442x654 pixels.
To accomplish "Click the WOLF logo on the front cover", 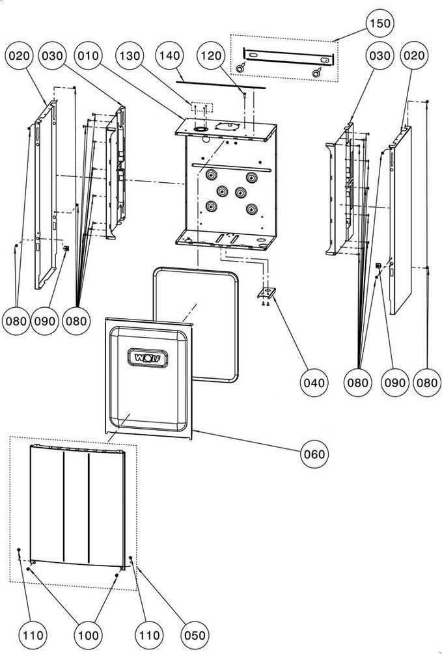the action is click(148, 358).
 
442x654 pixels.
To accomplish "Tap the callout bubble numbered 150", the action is click(380, 23).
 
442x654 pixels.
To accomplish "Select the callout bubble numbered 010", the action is click(88, 55).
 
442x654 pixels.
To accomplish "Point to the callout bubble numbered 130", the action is click(130, 55).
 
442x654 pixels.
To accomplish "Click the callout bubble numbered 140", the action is click(169, 55).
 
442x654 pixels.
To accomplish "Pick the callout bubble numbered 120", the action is click(211, 55).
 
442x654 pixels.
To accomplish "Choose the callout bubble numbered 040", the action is click(314, 383).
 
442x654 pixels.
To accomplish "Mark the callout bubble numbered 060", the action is click(314, 454).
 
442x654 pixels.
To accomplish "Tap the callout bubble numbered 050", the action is click(195, 636).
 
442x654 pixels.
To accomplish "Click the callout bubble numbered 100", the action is click(89, 636).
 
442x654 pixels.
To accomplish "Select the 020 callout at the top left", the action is click(19, 55).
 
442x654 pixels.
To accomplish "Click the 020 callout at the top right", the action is click(414, 55).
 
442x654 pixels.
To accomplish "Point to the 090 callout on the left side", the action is click(45, 321).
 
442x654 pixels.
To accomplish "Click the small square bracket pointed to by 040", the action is click(266, 293).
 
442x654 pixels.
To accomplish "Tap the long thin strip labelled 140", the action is click(221, 85).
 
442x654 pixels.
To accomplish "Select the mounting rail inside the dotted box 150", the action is click(288, 57).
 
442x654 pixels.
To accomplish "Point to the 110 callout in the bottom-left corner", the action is click(33, 636).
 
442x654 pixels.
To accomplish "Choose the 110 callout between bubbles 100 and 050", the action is click(149, 636).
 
